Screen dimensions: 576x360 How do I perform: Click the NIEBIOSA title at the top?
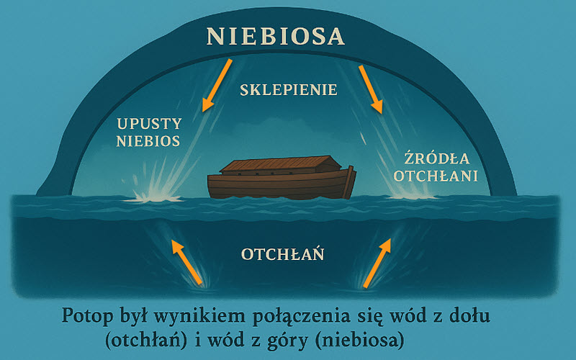[x=276, y=36]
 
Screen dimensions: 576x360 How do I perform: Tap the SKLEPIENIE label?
[x=289, y=90]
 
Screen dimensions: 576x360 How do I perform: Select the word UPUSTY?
[x=149, y=124]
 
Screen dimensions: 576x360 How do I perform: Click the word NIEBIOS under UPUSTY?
[x=148, y=141]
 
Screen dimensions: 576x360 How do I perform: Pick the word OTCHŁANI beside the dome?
[x=436, y=176]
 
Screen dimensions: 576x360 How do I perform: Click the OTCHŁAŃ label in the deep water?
[x=282, y=254]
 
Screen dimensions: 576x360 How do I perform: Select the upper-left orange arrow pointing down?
[x=217, y=85]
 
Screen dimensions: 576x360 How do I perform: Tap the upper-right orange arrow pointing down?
[x=371, y=89]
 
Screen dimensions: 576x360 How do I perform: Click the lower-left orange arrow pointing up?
[x=187, y=262]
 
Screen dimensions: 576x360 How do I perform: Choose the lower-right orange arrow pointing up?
[x=377, y=263]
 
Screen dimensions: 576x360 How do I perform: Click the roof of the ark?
[x=276, y=164]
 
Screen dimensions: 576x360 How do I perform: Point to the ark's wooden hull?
[x=282, y=185]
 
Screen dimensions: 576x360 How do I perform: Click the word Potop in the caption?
[x=87, y=317]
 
